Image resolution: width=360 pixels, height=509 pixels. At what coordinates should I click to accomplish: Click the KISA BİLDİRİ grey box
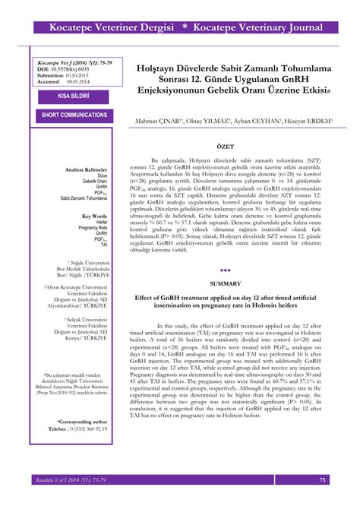point(74,96)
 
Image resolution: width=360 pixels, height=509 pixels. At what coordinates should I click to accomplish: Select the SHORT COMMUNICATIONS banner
point(74,115)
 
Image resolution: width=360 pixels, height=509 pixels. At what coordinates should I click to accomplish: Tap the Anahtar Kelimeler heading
point(87,168)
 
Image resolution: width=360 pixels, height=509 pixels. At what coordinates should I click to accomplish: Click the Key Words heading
point(93,217)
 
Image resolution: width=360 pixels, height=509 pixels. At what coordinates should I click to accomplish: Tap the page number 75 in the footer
point(323,480)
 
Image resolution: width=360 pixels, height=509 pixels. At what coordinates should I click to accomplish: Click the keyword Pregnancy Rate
point(91,229)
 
